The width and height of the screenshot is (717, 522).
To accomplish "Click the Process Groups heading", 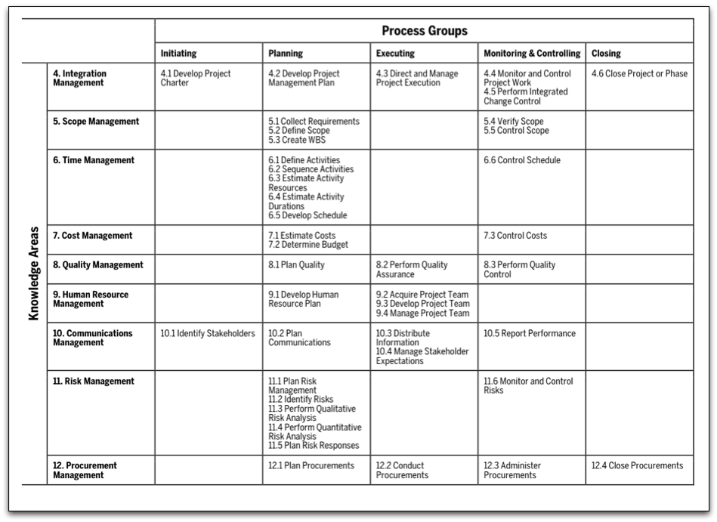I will pos(424,31).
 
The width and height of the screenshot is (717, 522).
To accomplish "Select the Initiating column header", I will pos(178,54).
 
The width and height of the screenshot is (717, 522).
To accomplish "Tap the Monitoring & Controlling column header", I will pos(532,54).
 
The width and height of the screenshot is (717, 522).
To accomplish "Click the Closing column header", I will pos(606,54).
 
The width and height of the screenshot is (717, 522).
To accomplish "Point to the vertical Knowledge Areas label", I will pos(34,273).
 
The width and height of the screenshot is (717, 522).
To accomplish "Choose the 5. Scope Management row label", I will pos(96,122).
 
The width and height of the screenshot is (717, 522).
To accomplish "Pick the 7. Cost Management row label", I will pos(92,236).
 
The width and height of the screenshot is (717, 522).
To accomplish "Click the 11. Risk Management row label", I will pos(94,381).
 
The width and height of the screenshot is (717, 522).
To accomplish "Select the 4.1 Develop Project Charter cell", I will pos(196,78).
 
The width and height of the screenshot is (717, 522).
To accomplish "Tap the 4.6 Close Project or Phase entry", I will pos(639,74).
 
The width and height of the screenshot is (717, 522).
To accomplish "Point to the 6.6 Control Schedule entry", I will pos(522,160).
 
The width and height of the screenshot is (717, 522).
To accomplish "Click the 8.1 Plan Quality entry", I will pos(296,265).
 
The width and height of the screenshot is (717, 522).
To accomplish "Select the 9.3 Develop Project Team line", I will pos(422,304).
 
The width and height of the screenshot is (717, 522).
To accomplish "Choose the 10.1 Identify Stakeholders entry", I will pos(208,333).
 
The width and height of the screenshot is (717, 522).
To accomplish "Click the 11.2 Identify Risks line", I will pos(301,400).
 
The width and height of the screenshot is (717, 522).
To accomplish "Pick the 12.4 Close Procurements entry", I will pos(637,465).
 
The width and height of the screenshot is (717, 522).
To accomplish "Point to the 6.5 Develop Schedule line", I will pos(308,215).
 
